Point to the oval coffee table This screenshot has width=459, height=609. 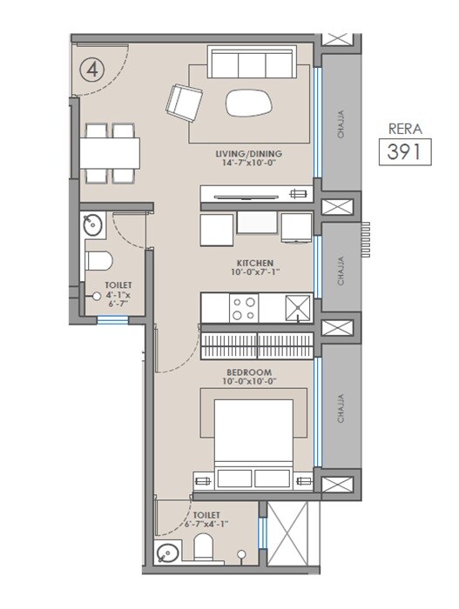pyautogui.click(x=247, y=103)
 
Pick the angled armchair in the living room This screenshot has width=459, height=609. pyautogui.click(x=184, y=102)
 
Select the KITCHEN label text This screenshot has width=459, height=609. pyautogui.click(x=255, y=262)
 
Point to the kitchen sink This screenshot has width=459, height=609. pyautogui.click(x=299, y=306)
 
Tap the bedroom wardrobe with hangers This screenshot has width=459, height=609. pyautogui.click(x=257, y=345)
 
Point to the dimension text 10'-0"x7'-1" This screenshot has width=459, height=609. pyautogui.click(x=255, y=272)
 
